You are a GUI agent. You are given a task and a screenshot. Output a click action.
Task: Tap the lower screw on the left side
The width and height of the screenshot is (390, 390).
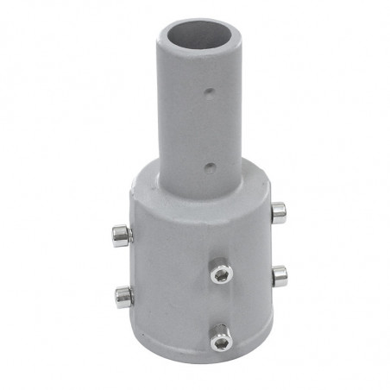click(123, 297)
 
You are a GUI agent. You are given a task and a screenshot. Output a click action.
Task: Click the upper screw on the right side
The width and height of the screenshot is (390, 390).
click(278, 211)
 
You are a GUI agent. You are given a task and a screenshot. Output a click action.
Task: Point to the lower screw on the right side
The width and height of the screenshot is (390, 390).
click(279, 275)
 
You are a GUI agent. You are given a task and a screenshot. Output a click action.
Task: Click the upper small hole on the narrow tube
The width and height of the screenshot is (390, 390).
click(208, 89)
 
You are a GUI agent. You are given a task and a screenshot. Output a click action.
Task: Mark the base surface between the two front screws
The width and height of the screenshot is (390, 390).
click(221, 307)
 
